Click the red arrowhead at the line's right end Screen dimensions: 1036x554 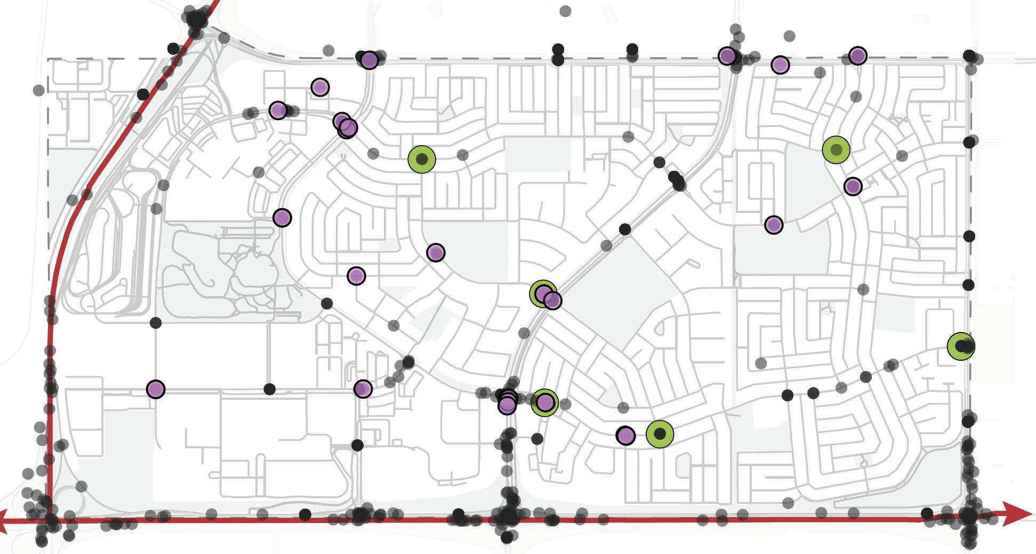(1021, 513)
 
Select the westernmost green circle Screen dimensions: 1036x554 (422, 159)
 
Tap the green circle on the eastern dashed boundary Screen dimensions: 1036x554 (961, 346)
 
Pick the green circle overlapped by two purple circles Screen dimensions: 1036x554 (543, 293)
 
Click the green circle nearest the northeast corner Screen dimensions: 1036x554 (836, 149)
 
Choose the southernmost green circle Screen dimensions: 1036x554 (660, 433)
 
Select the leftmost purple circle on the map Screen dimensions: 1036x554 (155, 389)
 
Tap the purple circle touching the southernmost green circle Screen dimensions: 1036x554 (625, 436)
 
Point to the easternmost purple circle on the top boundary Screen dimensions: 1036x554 (857, 56)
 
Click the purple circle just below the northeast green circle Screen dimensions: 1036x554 (853, 186)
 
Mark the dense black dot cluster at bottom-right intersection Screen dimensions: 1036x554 (968, 517)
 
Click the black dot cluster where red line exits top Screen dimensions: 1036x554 (196, 19)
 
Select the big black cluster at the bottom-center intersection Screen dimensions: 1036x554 (508, 517)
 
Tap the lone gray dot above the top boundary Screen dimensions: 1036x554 (565, 11)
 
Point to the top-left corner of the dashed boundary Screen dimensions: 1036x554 (48, 59)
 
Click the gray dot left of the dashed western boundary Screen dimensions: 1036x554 (38, 90)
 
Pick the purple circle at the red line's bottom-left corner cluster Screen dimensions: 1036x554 (155, 389)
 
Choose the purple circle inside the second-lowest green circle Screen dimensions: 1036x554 (544, 402)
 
